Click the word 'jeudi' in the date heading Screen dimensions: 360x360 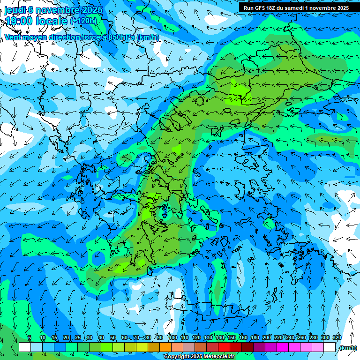click(x=15, y=10)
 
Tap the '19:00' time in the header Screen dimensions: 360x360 click(x=19, y=21)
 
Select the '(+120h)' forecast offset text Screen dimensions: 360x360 click(x=83, y=21)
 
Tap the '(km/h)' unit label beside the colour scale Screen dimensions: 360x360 click(x=347, y=348)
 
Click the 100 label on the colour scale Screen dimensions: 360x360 click(x=172, y=337)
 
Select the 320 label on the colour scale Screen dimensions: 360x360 click(x=337, y=337)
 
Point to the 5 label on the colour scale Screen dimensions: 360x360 click(x=29, y=337)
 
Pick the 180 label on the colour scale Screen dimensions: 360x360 click(x=255, y=337)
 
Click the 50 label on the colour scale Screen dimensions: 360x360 click(x=113, y=337)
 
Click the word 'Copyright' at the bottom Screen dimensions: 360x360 click(x=177, y=357)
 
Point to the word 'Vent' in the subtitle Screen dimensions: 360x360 click(x=13, y=37)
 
